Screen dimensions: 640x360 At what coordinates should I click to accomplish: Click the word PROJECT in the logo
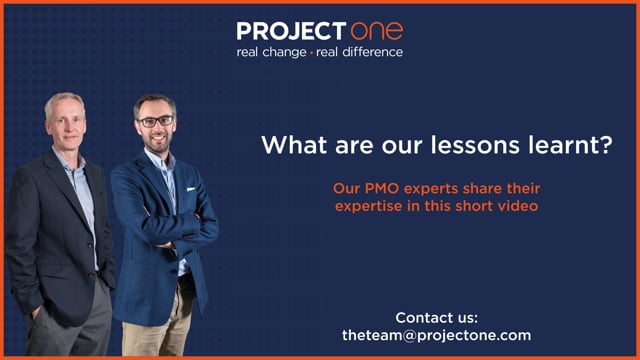tap(291, 31)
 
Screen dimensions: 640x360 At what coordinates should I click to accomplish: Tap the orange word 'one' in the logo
tap(377, 31)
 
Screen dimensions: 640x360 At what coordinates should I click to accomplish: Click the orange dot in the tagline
tap(311, 53)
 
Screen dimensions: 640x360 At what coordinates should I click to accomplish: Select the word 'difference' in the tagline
tap(373, 52)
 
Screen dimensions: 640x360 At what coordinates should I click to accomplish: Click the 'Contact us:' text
tap(436, 318)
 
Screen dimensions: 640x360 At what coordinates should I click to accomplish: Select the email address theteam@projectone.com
tap(437, 335)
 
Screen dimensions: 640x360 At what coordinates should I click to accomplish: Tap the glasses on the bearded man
tap(156, 121)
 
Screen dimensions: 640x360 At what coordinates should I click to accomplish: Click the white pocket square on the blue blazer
tap(191, 189)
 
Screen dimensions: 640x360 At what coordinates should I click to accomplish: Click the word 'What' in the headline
tap(294, 145)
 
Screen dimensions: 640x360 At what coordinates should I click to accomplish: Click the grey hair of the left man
tap(64, 100)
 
